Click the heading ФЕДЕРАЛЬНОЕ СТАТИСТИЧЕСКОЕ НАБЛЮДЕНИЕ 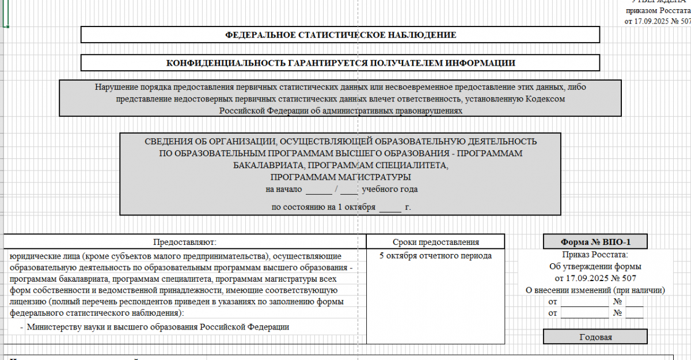click(x=340, y=35)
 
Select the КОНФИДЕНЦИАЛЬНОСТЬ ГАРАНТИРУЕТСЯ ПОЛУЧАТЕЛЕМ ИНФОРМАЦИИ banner click(x=340, y=63)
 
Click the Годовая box click(x=595, y=337)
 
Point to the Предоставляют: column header click(x=184, y=242)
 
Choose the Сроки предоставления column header click(x=435, y=242)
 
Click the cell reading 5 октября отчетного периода click(x=435, y=256)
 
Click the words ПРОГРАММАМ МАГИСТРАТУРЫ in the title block click(x=340, y=177)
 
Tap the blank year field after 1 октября click(x=390, y=206)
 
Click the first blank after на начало click(x=319, y=189)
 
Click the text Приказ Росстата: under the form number click(x=595, y=255)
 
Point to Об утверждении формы click(x=595, y=267)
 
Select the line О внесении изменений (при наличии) click(x=595, y=290)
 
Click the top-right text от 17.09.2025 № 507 click(x=657, y=21)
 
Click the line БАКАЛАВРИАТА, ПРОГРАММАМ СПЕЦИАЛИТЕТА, click(x=340, y=165)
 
